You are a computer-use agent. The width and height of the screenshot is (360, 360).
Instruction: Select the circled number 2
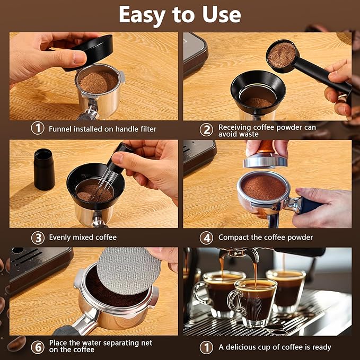coord(206,129)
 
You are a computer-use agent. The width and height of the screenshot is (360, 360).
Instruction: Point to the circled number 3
coord(37,237)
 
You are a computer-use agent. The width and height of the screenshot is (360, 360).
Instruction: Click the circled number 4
coord(206,237)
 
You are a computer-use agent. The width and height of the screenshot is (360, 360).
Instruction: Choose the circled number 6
coord(37,347)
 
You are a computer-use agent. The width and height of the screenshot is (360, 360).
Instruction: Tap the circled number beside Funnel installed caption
coord(37,128)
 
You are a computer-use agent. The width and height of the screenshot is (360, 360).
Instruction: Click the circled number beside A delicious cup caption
coord(206,347)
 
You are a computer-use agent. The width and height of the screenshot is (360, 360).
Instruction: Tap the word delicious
coord(242,347)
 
